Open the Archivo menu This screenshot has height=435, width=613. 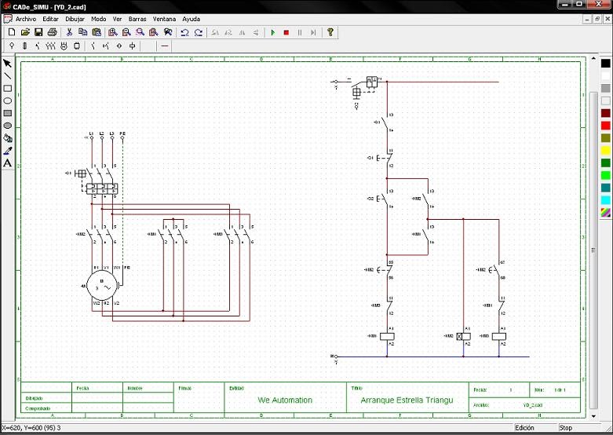(x=26, y=18)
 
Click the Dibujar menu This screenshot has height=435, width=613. (x=75, y=18)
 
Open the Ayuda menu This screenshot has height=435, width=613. (x=191, y=18)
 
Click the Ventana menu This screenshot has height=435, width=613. (x=164, y=18)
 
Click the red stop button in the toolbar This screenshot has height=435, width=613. (x=286, y=32)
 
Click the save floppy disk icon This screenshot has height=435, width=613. (x=38, y=32)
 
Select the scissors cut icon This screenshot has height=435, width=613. (x=69, y=32)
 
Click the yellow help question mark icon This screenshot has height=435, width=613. (x=330, y=32)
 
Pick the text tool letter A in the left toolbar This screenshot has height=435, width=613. (x=8, y=163)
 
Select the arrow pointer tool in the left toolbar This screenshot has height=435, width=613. (x=8, y=64)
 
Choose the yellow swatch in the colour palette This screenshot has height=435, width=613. (x=605, y=151)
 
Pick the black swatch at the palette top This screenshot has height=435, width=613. (x=605, y=64)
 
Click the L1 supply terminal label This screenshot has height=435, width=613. (x=92, y=133)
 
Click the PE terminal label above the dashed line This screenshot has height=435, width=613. (x=122, y=133)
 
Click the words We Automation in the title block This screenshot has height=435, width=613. (x=285, y=400)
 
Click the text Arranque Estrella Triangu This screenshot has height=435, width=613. (x=407, y=400)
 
